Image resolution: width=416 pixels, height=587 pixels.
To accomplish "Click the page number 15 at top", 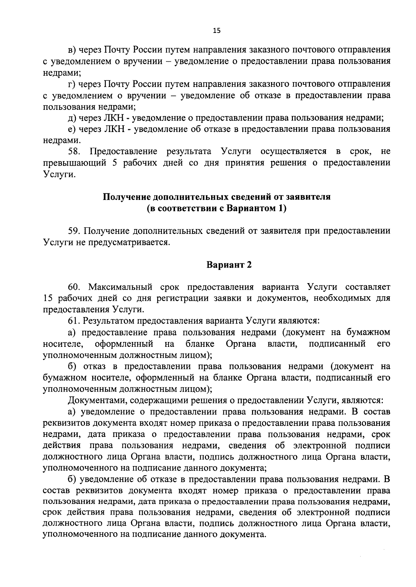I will click(216, 31).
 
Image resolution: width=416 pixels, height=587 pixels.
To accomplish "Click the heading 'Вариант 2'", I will click(229, 265).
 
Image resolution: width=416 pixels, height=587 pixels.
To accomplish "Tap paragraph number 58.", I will click(75, 151).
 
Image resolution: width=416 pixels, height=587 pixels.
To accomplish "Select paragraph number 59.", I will click(75, 231).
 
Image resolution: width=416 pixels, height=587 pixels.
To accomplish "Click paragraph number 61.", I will click(74, 321).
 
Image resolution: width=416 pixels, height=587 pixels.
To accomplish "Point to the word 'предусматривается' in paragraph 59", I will click(130, 242).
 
